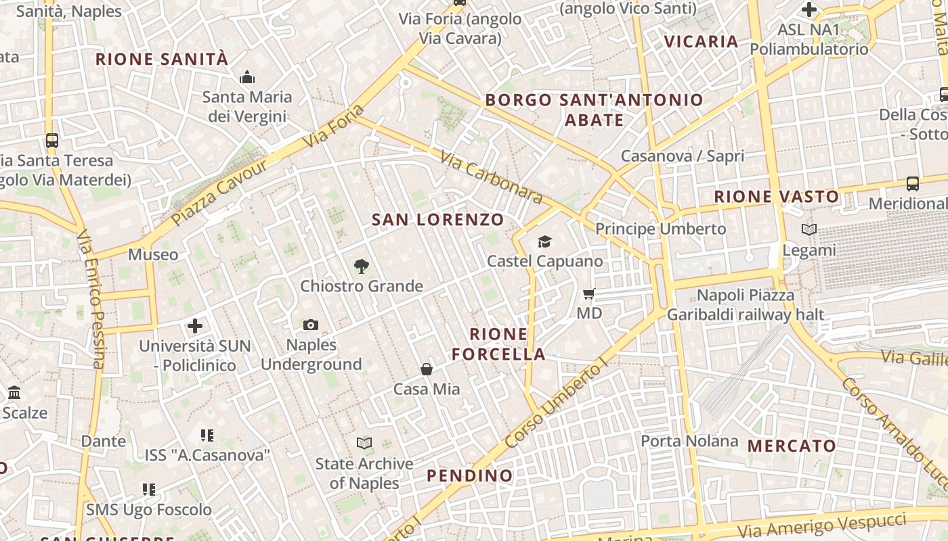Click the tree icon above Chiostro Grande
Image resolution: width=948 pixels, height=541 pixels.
[x=362, y=266]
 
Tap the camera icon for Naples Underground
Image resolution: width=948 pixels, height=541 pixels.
[x=311, y=325]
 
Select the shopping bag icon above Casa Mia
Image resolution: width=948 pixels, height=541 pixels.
[x=427, y=369]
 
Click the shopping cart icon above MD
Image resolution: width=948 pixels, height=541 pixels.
[x=589, y=293]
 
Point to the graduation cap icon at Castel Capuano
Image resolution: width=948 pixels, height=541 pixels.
[x=544, y=241]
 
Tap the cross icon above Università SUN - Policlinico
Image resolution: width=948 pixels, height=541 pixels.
[x=195, y=326]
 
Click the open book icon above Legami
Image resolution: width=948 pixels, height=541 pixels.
[x=809, y=230]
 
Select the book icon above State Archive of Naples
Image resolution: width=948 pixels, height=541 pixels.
[x=364, y=444]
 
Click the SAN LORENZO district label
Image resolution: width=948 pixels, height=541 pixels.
[x=438, y=220]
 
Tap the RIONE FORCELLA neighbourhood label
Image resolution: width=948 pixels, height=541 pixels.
[x=498, y=344]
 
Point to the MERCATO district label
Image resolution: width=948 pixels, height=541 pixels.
[x=792, y=446]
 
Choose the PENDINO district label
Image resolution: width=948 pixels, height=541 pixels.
[x=470, y=476]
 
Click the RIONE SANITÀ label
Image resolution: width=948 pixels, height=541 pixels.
[x=162, y=60]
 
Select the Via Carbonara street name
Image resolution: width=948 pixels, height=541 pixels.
[x=491, y=177]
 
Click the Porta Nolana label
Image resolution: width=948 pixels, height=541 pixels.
[x=689, y=442]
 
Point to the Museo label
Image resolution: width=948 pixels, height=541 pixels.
[x=153, y=255]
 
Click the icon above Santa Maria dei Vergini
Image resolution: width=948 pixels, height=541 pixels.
[x=247, y=77]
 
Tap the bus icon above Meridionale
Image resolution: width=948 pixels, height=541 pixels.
[x=913, y=184]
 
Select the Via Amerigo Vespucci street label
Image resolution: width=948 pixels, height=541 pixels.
[x=821, y=527]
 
